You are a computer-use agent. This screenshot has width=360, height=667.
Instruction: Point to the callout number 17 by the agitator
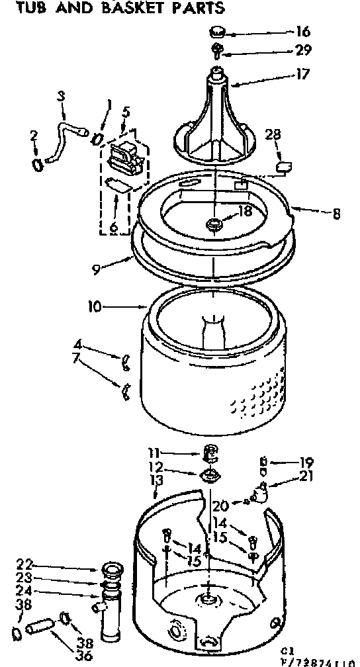302,75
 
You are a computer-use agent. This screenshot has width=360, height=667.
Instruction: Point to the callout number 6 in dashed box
113,227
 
